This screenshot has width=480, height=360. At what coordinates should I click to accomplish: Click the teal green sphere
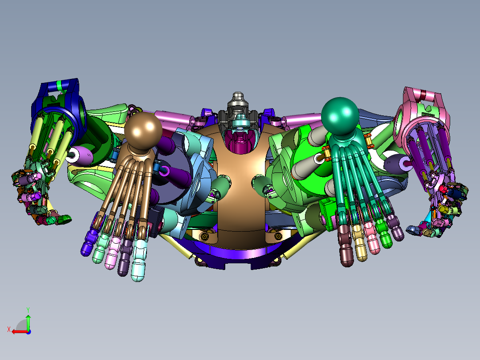coord(340,116)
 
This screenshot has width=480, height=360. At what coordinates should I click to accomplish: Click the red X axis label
coord(9,330)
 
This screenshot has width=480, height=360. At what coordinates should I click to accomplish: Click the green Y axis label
coord(28,310)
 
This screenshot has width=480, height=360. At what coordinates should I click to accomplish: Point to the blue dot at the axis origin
coord(28,332)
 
